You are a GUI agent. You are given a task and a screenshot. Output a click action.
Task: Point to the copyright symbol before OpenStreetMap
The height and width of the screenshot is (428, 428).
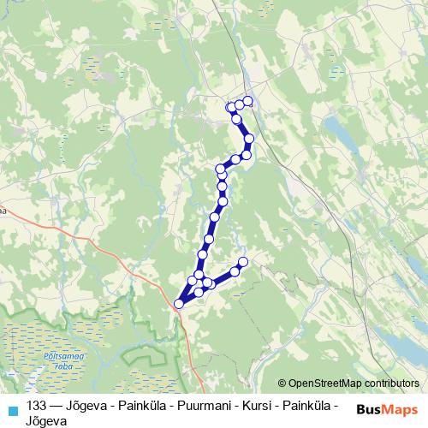point(283,384)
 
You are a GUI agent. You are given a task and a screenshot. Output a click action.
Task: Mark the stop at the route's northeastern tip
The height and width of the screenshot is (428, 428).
point(248,101)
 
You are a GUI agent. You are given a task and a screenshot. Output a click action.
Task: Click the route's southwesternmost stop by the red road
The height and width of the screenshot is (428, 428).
point(179,303)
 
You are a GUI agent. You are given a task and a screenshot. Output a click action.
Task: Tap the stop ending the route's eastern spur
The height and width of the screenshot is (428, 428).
point(242,261)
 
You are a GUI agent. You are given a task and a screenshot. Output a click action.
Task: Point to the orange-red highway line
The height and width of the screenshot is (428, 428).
point(111,257)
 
